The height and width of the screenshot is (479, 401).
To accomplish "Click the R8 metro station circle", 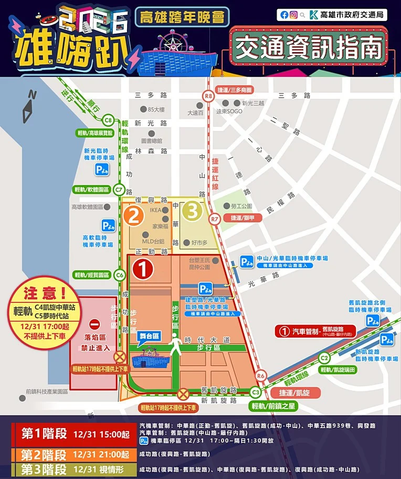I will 209,96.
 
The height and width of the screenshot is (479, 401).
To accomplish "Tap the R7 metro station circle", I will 214,218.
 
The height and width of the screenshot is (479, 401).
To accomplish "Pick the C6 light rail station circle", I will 120,274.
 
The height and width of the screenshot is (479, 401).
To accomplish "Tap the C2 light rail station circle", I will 325,358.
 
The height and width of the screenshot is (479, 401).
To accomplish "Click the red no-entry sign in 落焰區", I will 94,323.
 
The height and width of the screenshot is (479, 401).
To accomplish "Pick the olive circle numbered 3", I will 193,211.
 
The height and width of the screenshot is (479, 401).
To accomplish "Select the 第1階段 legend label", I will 44,434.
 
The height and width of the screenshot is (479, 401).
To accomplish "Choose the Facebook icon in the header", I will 284,15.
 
